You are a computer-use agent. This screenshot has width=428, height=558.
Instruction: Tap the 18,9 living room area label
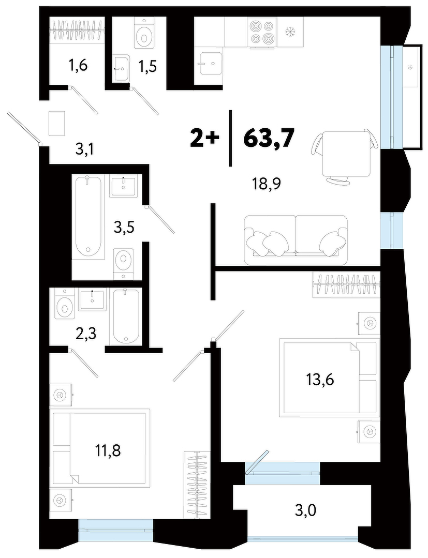(x=266, y=184)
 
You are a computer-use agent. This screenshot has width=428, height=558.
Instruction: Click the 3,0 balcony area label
(x=305, y=511)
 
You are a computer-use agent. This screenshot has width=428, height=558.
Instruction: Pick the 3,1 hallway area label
(x=85, y=150)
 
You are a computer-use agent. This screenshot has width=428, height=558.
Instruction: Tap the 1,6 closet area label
(x=78, y=66)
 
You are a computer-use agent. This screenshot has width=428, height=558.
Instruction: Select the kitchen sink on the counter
(x=211, y=64)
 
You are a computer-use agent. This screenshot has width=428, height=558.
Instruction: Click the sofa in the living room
(x=295, y=240)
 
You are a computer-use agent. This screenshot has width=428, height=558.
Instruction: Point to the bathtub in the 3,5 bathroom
(x=88, y=216)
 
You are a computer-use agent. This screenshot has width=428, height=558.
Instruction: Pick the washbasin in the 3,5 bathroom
(x=123, y=186)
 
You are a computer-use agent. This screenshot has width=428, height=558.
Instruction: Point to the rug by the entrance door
(x=56, y=123)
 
